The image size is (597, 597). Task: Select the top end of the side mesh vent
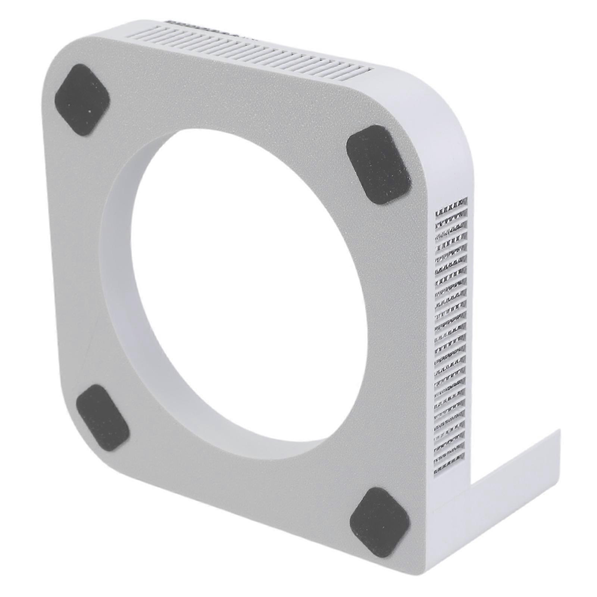[451, 203]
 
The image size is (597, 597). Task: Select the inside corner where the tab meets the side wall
[471, 481]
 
